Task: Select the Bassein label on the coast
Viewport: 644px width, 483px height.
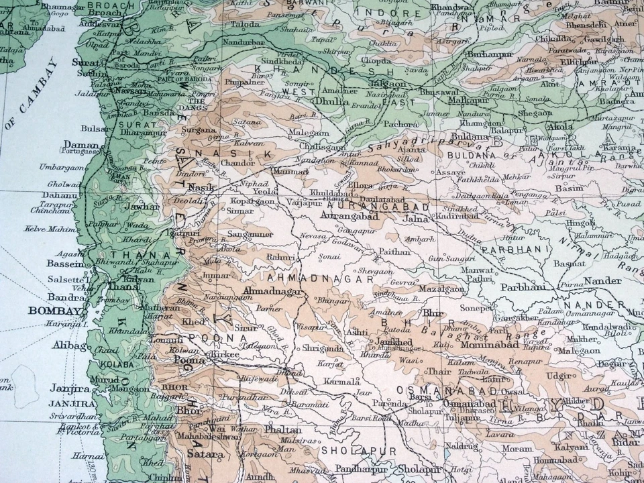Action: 65,264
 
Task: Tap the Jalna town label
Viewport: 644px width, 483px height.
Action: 415,218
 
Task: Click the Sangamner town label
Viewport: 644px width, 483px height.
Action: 250,233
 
